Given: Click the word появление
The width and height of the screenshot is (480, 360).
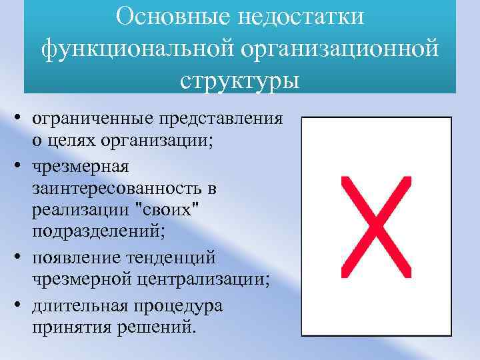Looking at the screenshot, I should [x=80, y=256].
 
